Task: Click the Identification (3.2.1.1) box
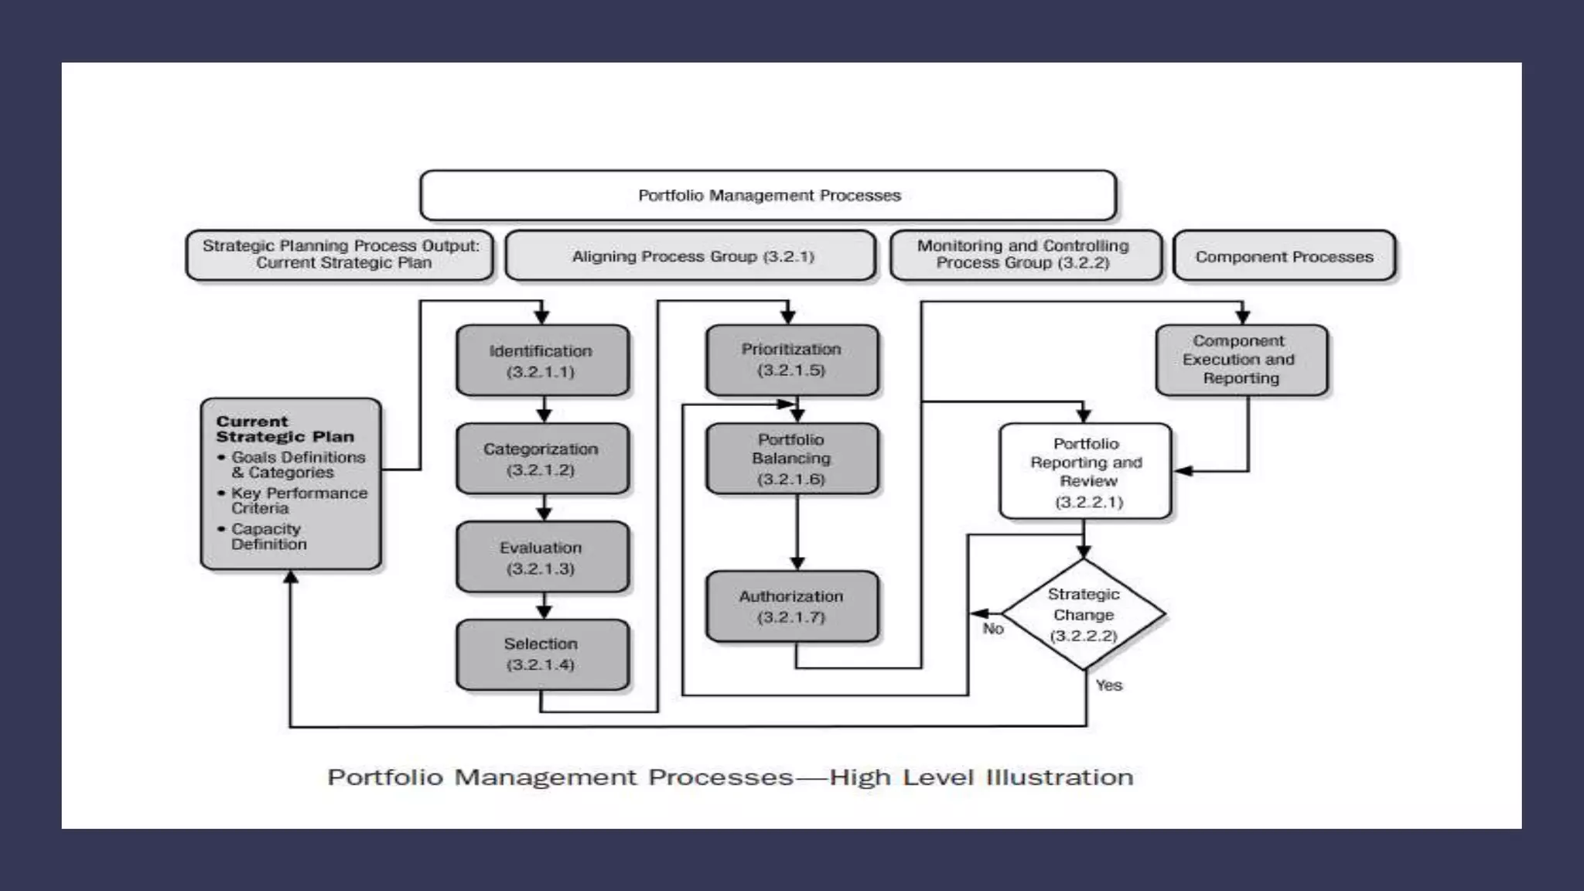pyautogui.click(x=541, y=360)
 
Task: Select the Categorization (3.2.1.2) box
pyautogui.click(x=541, y=459)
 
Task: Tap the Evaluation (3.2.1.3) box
pyautogui.click(x=541, y=557)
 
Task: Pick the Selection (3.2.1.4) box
pyautogui.click(x=541, y=654)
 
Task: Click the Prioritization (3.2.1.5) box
pyautogui.click(x=791, y=360)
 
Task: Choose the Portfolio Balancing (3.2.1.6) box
pyautogui.click(x=791, y=459)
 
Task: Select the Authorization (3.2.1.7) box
pyautogui.click(x=791, y=606)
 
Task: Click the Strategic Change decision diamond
pyautogui.click(x=1083, y=615)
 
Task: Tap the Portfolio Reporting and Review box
pyautogui.click(x=1085, y=472)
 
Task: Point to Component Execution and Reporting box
pyautogui.click(x=1241, y=360)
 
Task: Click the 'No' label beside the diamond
pyautogui.click(x=993, y=629)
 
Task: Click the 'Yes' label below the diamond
pyautogui.click(x=1108, y=685)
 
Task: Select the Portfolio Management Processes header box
pyautogui.click(x=768, y=196)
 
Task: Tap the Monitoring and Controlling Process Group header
pyautogui.click(x=1024, y=254)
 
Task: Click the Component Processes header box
pyautogui.click(x=1284, y=257)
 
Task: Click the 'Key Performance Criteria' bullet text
pyautogui.click(x=298, y=500)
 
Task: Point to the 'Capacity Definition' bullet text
pyautogui.click(x=268, y=536)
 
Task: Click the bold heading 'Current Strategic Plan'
pyautogui.click(x=284, y=428)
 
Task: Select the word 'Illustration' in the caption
pyautogui.click(x=1059, y=777)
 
